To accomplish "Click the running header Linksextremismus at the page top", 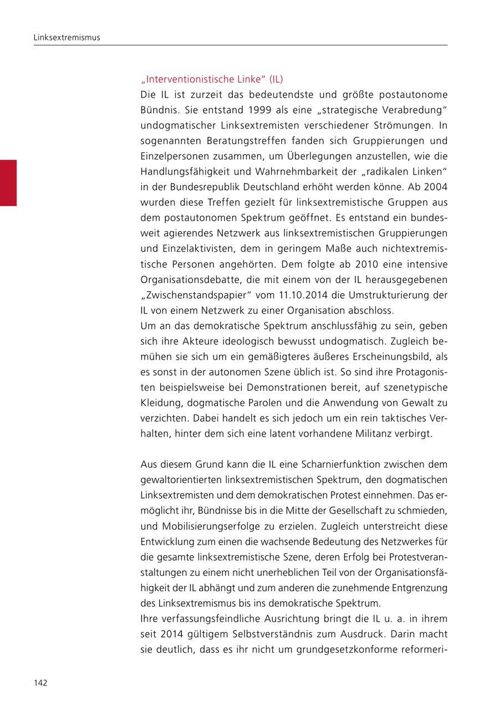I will pyautogui.click(x=67, y=38).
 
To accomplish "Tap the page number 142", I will pyautogui.click(x=40, y=683).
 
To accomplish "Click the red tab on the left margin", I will pyautogui.click(x=8, y=183).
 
